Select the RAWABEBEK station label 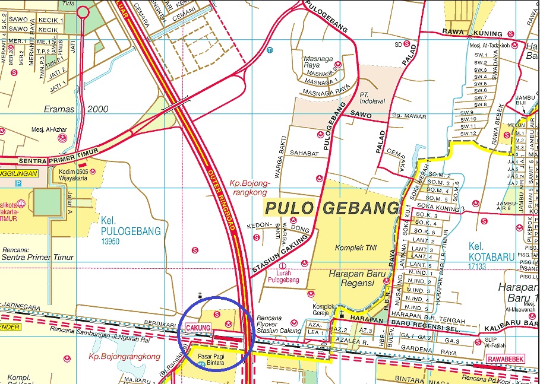[506, 358]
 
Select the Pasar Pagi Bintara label [212, 358]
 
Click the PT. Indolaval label [372, 98]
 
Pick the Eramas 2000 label [77, 109]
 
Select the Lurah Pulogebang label [283, 275]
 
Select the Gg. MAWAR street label [407, 117]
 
